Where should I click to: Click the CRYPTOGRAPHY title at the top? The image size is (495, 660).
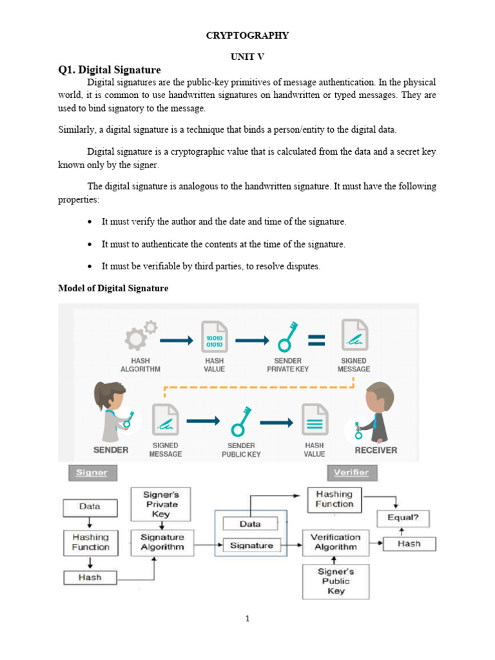pyautogui.click(x=247, y=35)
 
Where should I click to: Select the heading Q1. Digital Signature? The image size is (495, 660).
pyautogui.click(x=109, y=70)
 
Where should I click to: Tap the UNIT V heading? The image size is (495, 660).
pyautogui.click(x=247, y=57)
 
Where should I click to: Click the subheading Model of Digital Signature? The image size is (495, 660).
pyautogui.click(x=113, y=288)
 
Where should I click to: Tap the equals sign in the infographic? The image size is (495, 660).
pyautogui.click(x=316, y=340)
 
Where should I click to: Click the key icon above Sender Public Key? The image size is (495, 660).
pyautogui.click(x=240, y=422)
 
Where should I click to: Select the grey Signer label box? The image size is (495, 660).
pyautogui.click(x=92, y=472)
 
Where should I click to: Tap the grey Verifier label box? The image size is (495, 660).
pyautogui.click(x=351, y=472)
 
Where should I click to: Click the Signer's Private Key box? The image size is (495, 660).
pyautogui.click(x=160, y=504)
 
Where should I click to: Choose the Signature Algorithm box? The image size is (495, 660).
pyautogui.click(x=162, y=542)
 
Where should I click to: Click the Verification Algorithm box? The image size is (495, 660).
pyautogui.click(x=335, y=542)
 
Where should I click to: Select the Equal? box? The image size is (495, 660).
pyautogui.click(x=403, y=518)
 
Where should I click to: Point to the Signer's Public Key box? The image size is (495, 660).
pyautogui.click(x=336, y=581)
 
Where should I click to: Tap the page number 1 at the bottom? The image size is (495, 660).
pyautogui.click(x=247, y=619)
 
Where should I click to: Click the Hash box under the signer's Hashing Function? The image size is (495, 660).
pyautogui.click(x=90, y=577)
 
